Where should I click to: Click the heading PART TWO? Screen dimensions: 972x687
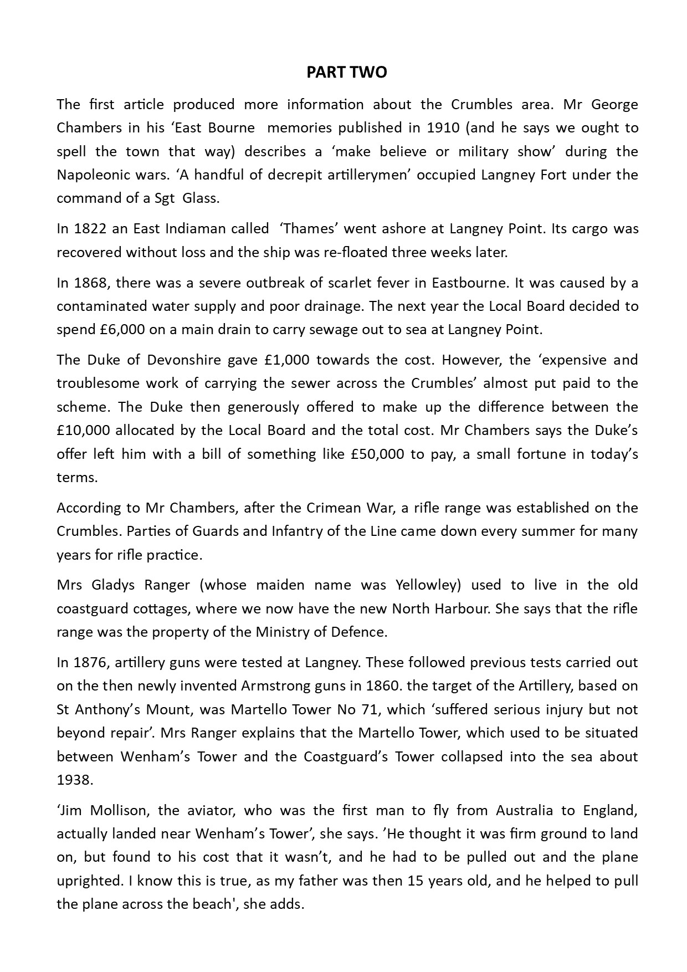[x=347, y=73]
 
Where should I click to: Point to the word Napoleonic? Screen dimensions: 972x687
[x=91, y=175]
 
